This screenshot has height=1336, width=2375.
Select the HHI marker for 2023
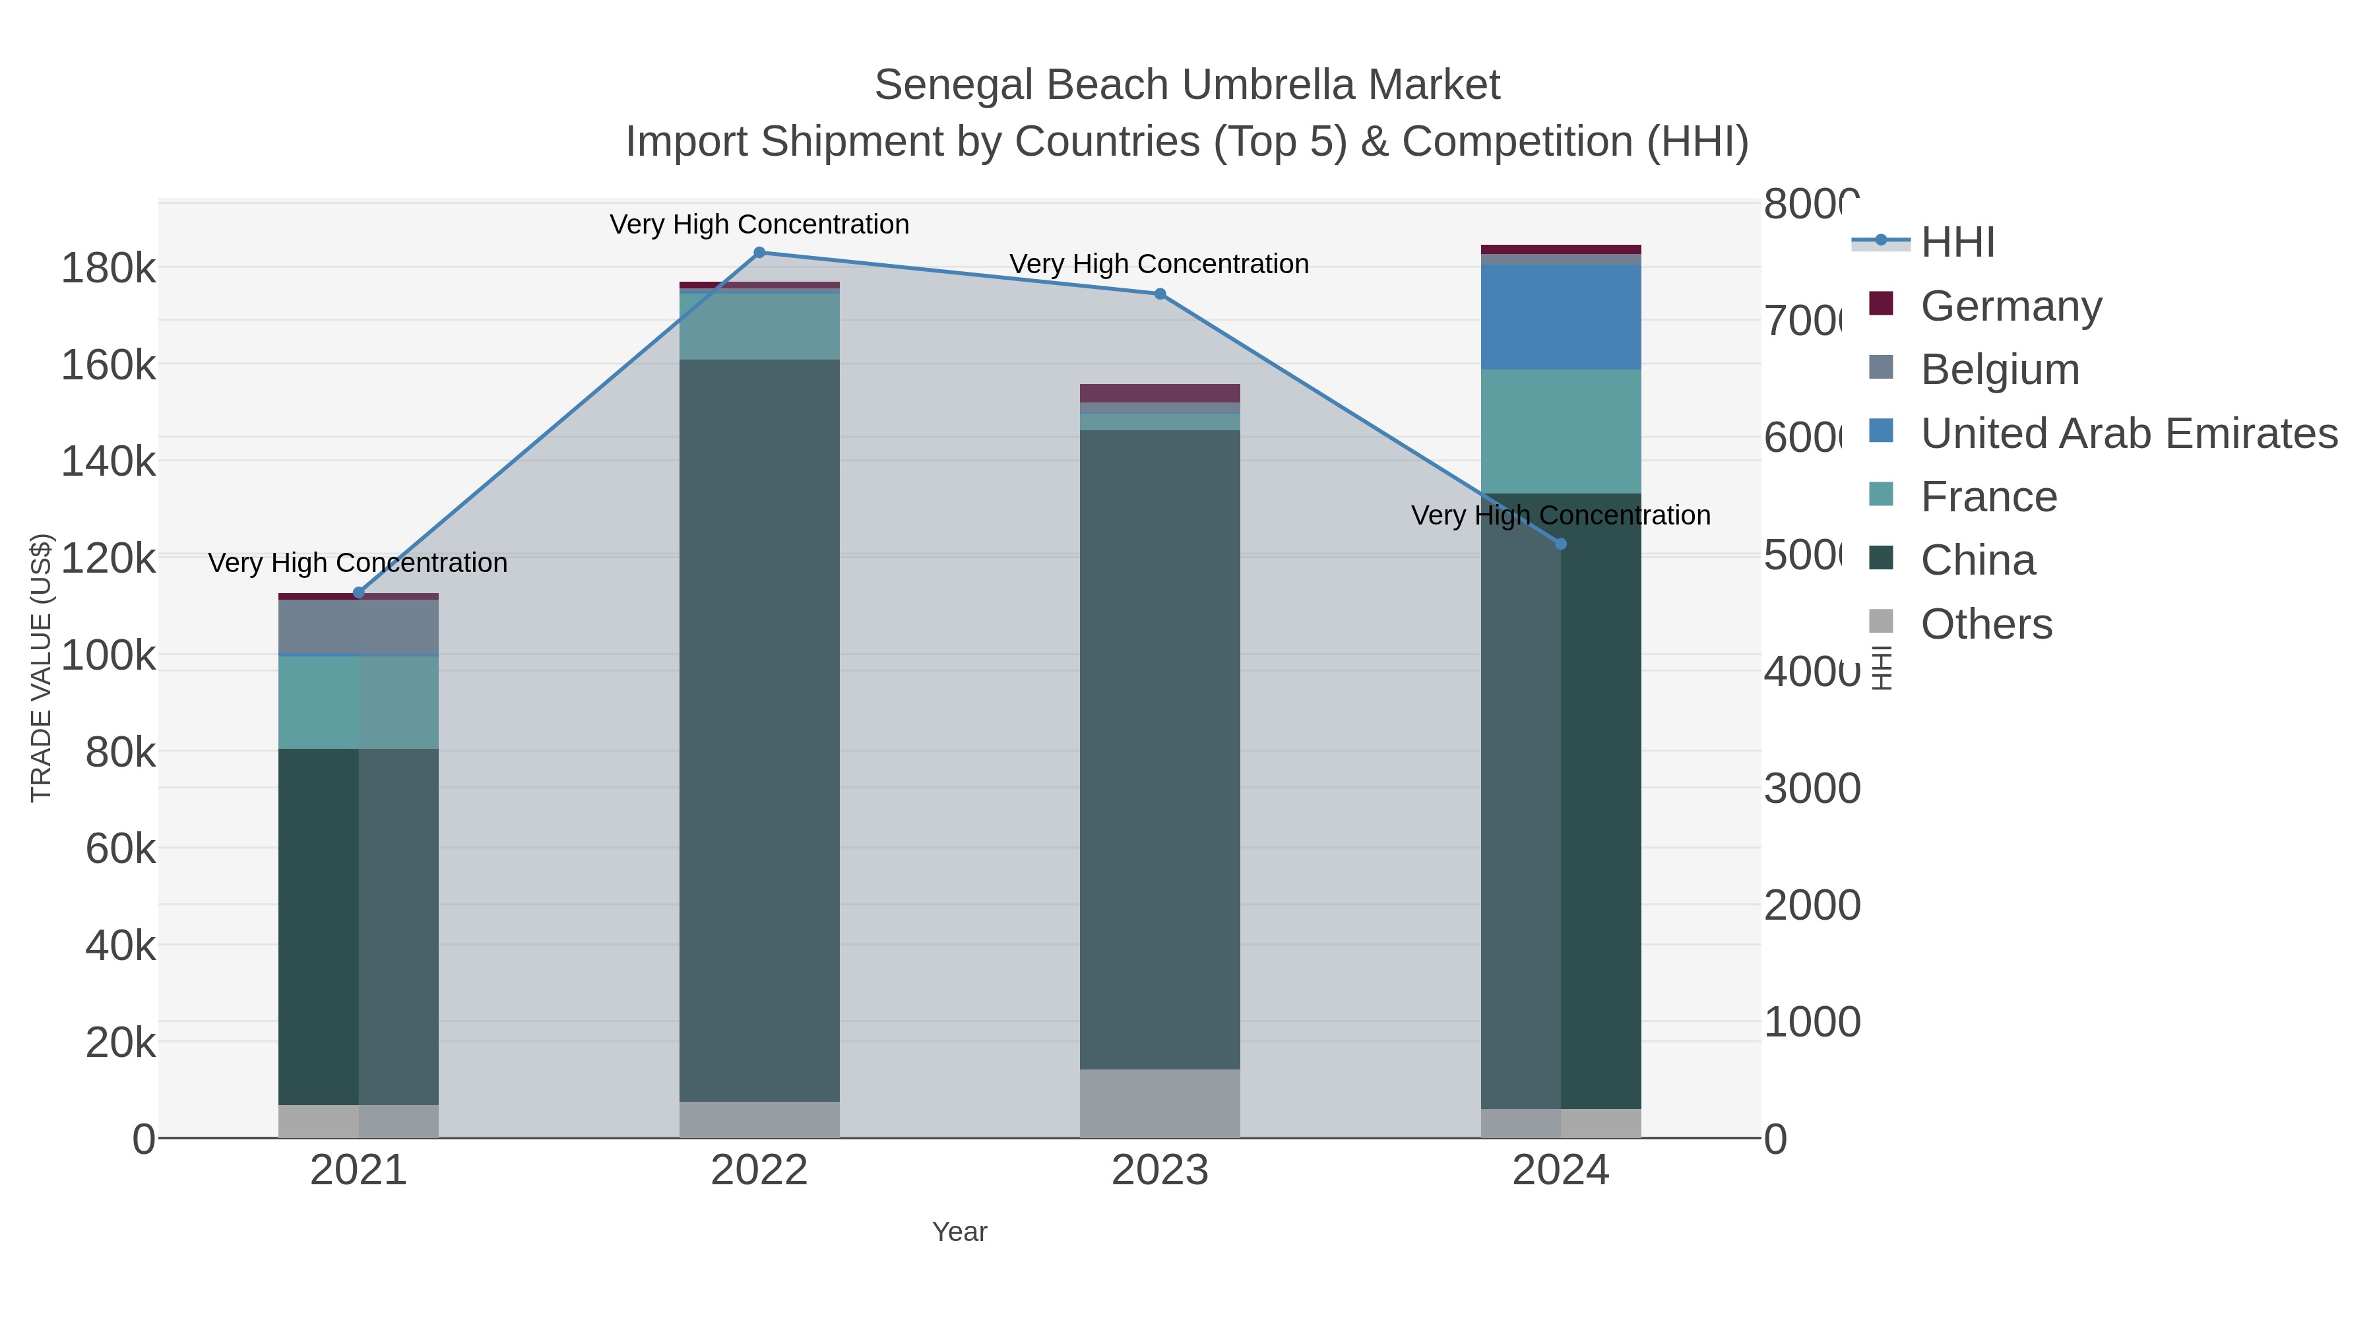[1160, 294]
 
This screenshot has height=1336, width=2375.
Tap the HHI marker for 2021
[359, 593]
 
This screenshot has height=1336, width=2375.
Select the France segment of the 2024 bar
[1560, 431]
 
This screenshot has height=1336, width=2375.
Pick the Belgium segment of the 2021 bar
[359, 627]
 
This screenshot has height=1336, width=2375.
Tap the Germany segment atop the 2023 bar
[1160, 393]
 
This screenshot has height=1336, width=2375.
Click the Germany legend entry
[2010, 306]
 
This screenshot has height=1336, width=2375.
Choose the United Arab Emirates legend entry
[2128, 433]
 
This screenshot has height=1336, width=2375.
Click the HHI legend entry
[1957, 243]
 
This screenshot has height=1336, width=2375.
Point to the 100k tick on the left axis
[108, 656]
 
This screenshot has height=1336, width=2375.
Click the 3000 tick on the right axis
[1811, 788]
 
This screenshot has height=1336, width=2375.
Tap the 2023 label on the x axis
[1160, 1170]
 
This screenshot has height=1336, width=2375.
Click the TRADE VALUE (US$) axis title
[42, 668]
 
